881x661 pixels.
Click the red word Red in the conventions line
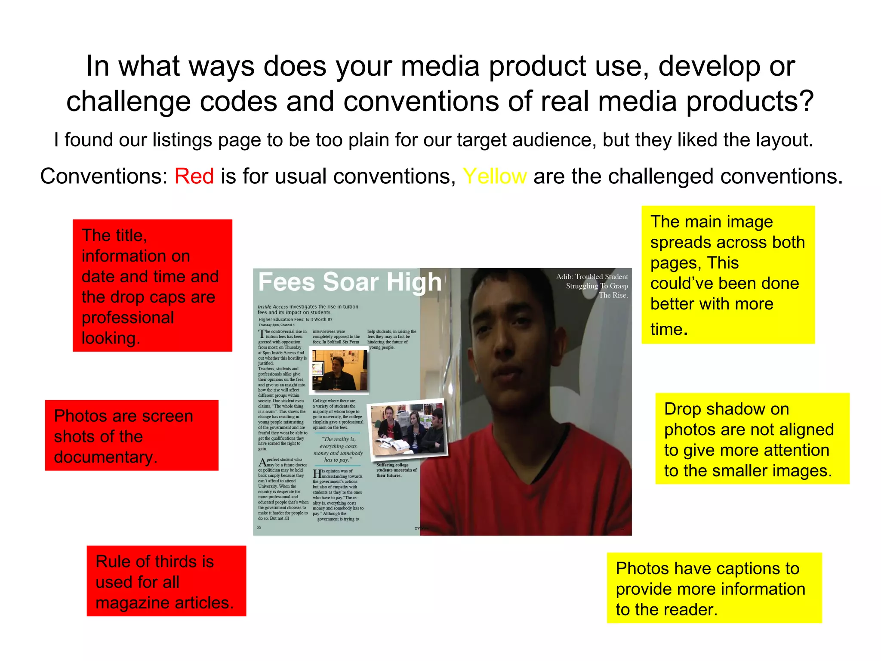click(194, 176)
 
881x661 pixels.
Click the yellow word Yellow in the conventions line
click(494, 176)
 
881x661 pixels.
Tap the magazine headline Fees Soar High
click(350, 282)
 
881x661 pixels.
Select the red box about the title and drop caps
click(152, 286)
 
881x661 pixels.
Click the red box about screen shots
click(132, 436)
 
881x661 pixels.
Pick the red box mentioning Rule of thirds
click(166, 581)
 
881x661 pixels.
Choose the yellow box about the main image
click(728, 275)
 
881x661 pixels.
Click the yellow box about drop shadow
click(752, 439)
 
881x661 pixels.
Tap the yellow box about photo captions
click(714, 588)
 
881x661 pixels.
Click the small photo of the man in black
click(339, 370)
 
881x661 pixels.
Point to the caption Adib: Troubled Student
click(592, 277)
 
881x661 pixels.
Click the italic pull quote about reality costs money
click(338, 449)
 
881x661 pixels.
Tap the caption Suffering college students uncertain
click(396, 470)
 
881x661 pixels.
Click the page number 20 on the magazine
click(259, 528)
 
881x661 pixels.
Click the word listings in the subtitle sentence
click(182, 140)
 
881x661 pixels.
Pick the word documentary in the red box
click(105, 457)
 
